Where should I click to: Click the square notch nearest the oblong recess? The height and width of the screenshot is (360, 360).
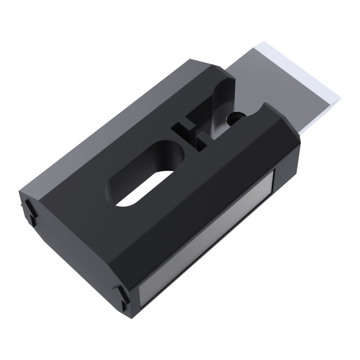click(178, 128)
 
